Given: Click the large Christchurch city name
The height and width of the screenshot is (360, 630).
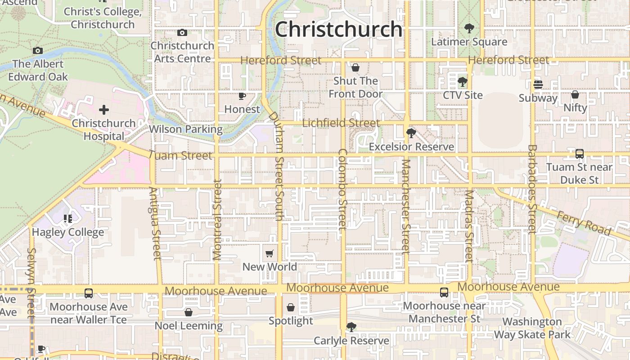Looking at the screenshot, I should tap(338, 30).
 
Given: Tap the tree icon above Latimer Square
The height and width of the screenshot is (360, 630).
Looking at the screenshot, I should tap(469, 29).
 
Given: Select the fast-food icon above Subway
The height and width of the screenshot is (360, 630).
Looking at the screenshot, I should tap(538, 85).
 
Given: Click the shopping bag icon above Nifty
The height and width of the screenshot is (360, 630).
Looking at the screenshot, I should tap(575, 94).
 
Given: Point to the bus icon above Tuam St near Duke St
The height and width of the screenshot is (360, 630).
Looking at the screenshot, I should tap(580, 154).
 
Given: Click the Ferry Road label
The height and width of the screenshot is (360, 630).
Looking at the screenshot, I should tap(584, 224).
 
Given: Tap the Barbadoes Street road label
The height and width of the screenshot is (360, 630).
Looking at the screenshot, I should tap(532, 189).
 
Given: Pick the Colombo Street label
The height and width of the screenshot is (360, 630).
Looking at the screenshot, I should tap(343, 189).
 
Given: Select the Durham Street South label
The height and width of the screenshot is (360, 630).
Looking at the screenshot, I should tap(277, 166).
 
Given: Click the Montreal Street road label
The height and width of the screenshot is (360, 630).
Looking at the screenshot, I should tap(217, 220).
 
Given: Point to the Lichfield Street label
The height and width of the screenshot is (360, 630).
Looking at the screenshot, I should tap(341, 123).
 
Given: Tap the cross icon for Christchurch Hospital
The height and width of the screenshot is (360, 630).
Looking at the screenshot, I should tap(104, 110).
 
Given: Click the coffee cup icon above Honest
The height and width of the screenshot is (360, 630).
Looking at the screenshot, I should tap(242, 96).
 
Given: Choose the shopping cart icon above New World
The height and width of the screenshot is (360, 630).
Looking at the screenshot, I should tap(269, 254).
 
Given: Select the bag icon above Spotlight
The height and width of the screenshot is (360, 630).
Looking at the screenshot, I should tap(291, 307).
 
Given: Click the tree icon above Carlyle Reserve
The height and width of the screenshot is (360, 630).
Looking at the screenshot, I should tap(351, 327).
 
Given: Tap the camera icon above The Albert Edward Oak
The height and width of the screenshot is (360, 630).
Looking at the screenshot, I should tap(38, 51).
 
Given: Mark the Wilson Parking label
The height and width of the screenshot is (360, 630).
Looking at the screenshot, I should tap(185, 130).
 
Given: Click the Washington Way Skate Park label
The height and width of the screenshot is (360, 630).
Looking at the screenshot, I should tap(532, 328).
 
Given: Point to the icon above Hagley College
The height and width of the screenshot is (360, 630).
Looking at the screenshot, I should tap(67, 219).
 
